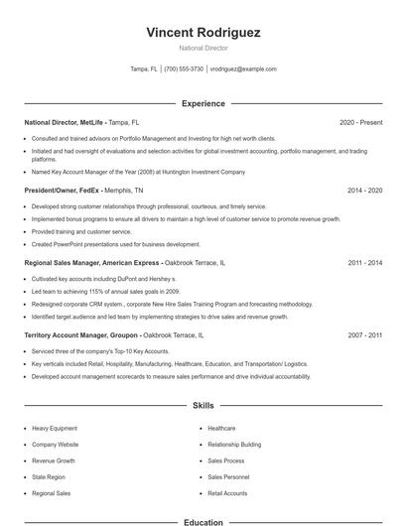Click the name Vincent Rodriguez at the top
point(203,33)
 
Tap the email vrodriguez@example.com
point(243,69)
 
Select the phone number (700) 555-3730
point(184,69)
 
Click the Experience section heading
point(203,103)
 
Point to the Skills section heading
point(203,406)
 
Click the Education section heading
point(203,522)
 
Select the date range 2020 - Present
point(360,122)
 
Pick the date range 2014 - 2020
point(364,190)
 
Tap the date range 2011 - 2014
point(364,263)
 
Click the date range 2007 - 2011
point(364,335)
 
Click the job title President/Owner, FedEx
point(64,190)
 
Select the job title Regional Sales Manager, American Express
point(91,263)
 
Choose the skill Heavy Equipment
point(55,429)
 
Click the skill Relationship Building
point(234,445)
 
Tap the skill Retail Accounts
point(227,493)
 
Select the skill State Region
point(49,477)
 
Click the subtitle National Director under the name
point(203,49)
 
